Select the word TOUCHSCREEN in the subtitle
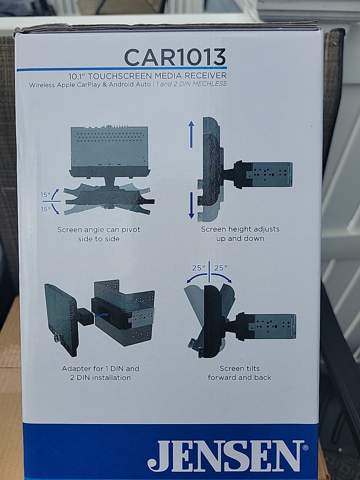[x=121, y=76]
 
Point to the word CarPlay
[x=89, y=85]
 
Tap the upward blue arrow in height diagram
[x=191, y=134]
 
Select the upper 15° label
[x=45, y=194]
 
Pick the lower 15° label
[x=45, y=209]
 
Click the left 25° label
[x=198, y=268]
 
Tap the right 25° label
[x=221, y=268]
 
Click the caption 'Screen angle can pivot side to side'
[x=99, y=234]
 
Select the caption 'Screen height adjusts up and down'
[x=240, y=234]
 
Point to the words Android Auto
[x=130, y=84]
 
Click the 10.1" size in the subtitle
[x=77, y=77]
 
